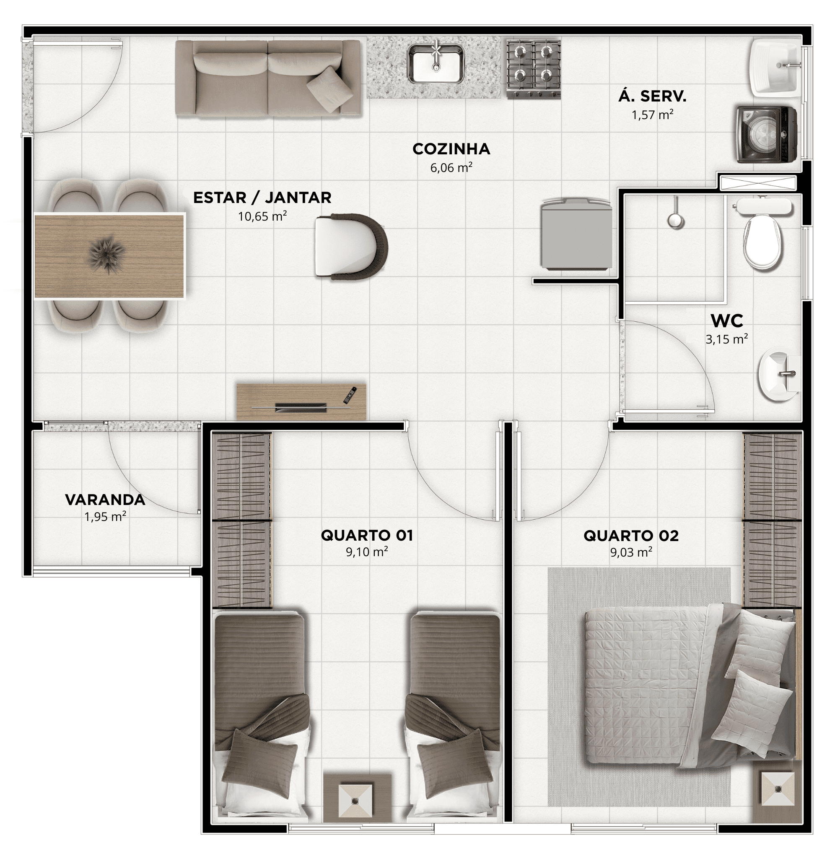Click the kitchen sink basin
(x=436, y=65)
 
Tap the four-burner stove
(x=534, y=68)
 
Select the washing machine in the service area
(x=766, y=134)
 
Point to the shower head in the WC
(x=676, y=219)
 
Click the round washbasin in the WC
(x=780, y=373)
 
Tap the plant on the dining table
(x=107, y=254)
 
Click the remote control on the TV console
(x=350, y=395)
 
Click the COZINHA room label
(x=451, y=149)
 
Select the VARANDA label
(x=105, y=500)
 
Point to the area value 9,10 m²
(x=367, y=552)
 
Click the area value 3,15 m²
(x=727, y=339)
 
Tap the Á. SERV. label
(x=653, y=96)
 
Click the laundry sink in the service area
(x=775, y=67)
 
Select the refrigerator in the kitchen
(x=576, y=233)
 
